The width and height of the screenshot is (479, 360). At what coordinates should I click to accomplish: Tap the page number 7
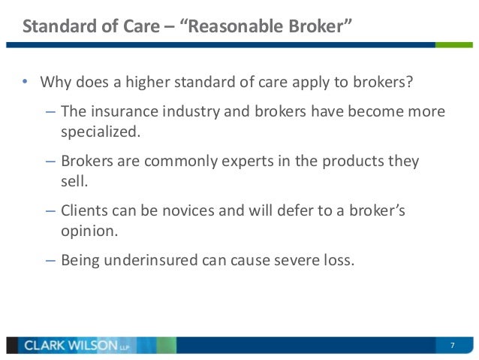point(452,345)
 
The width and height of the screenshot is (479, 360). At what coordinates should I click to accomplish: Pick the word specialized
point(100,132)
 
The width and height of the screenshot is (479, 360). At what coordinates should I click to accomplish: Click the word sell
point(72,182)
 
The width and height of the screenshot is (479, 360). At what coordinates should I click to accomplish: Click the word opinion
point(89,232)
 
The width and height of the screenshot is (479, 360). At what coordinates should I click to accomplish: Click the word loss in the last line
point(336,261)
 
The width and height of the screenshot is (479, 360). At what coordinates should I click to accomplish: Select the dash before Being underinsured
point(50,261)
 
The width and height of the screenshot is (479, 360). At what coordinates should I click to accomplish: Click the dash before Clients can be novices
point(50,211)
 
